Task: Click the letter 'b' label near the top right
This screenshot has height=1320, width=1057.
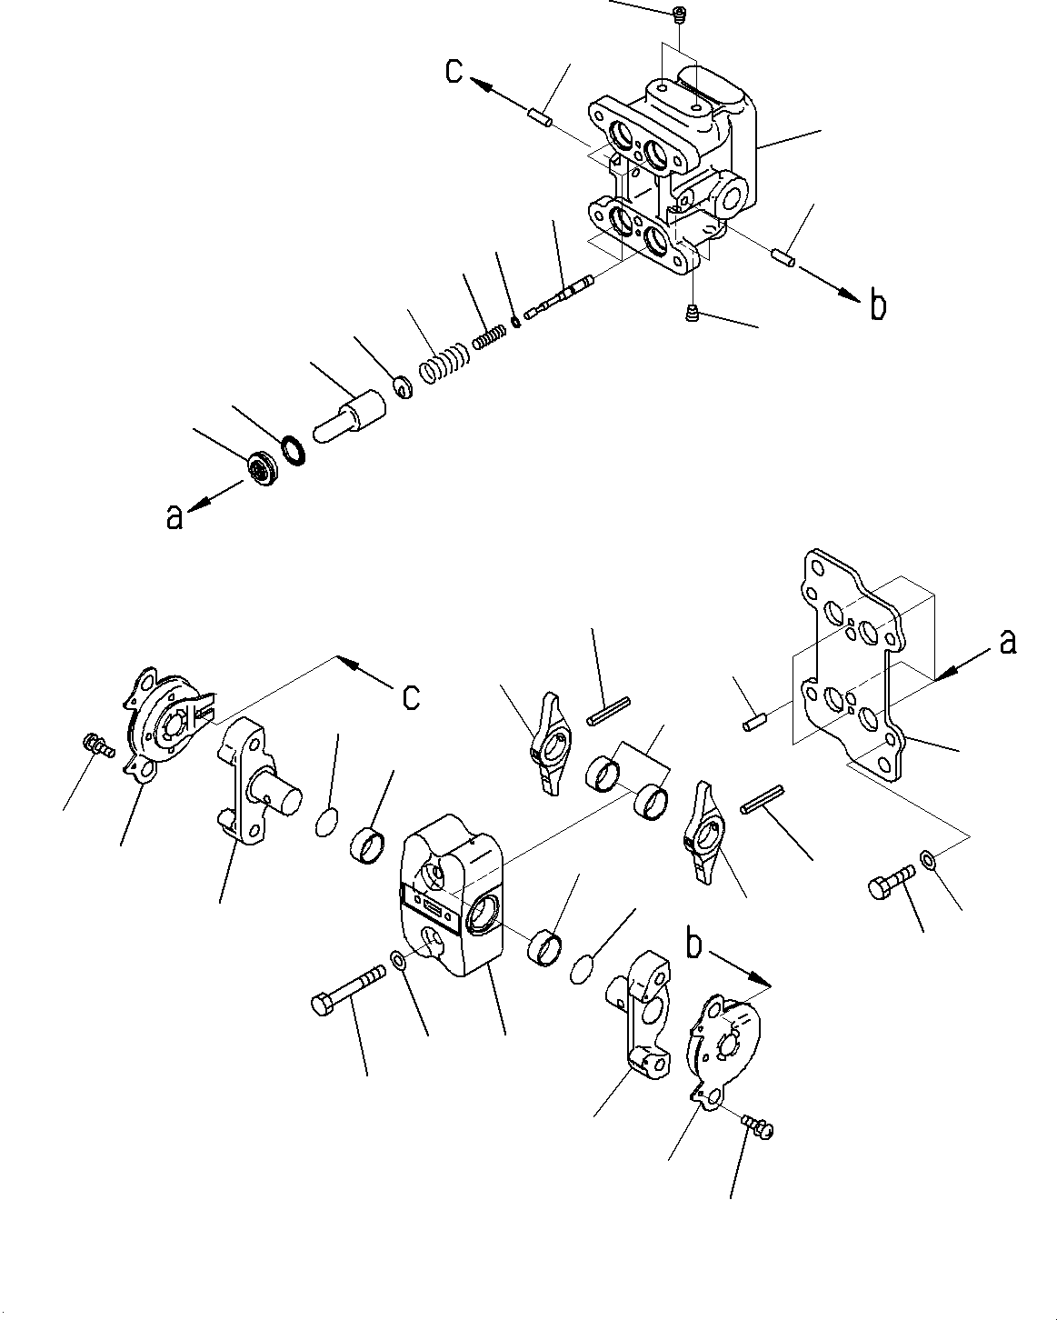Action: point(877,306)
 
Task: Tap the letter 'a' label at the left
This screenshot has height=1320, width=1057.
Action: point(175,516)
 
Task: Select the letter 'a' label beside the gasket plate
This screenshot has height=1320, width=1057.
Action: point(1006,643)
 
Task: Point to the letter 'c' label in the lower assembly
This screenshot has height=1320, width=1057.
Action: point(411,696)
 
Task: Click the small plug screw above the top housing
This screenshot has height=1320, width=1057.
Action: point(680,14)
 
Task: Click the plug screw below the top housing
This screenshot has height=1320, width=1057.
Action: point(692,314)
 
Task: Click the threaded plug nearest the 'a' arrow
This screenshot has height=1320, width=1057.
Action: point(264,468)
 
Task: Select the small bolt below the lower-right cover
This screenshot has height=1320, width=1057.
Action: point(756,1126)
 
